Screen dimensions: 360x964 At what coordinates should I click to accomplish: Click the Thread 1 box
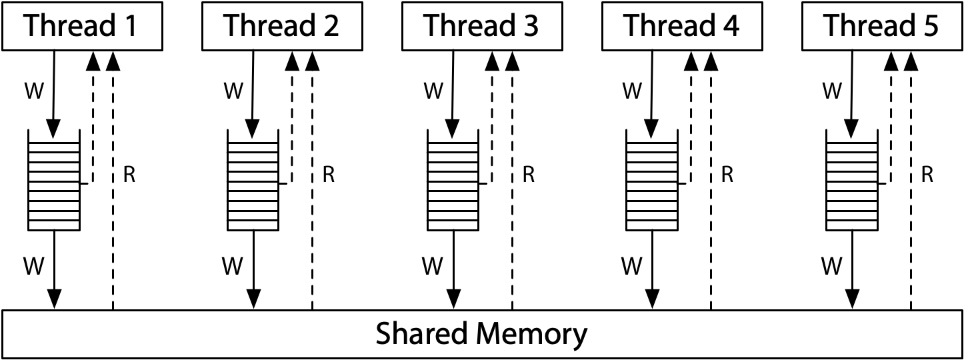pos(82,26)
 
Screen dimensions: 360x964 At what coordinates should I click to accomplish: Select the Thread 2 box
pos(282,26)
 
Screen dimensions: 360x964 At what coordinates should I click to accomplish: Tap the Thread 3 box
pos(482,26)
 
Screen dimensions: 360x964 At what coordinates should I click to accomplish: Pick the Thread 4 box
pos(682,26)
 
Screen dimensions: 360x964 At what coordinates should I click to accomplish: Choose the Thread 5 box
pos(881,26)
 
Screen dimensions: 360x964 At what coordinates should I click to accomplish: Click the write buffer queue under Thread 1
pos(53,179)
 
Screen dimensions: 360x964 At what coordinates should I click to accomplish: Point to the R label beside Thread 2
pos(329,175)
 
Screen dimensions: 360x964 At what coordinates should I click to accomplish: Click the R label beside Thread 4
pos(728,175)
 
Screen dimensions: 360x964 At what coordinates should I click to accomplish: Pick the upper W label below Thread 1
pos(33,91)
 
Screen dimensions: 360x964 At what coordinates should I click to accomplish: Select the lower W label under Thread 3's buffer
pos(432,267)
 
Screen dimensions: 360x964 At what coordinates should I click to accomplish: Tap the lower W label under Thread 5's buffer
pos(831,267)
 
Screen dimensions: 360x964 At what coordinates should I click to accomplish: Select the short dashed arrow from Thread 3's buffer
pos(492,120)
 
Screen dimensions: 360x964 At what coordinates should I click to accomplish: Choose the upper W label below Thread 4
pos(632,91)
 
